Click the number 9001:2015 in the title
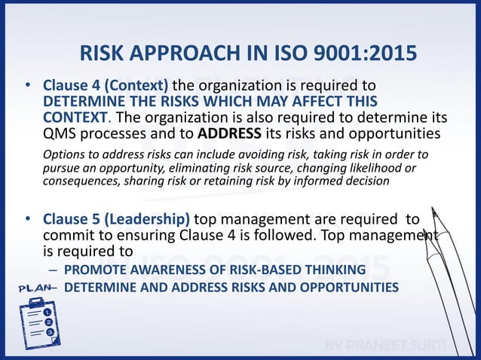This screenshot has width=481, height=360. coord(357,55)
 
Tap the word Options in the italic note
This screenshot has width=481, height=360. coord(63,155)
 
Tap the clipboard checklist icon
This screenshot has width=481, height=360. coord(35,319)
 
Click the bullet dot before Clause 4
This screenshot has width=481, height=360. coord(27,87)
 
